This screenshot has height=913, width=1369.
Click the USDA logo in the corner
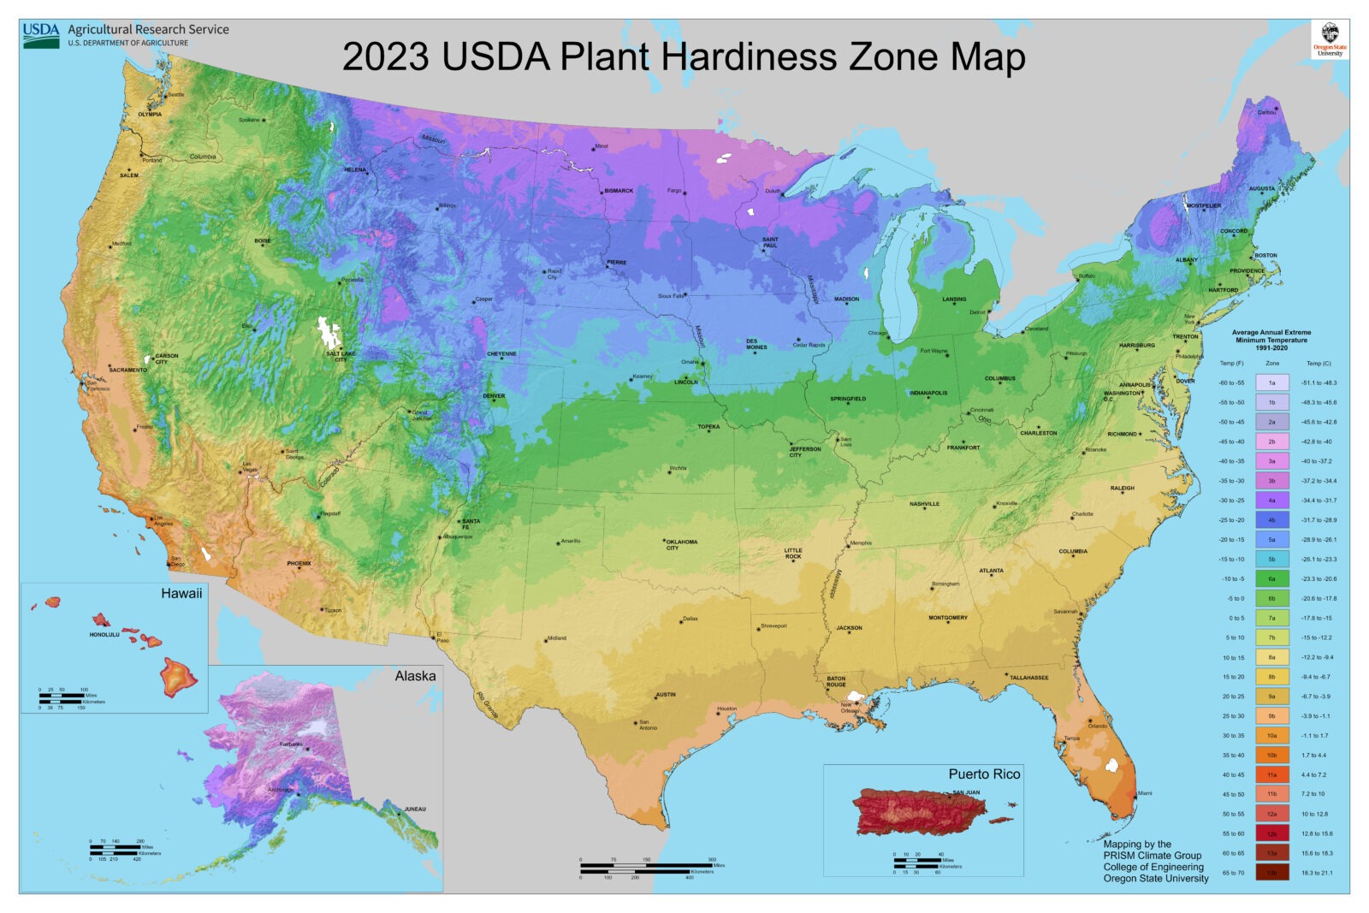coord(41,34)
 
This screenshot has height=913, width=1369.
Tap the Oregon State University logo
coord(1330,39)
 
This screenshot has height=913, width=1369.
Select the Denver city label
coord(494,396)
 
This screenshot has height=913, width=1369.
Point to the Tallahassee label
coord(1029,678)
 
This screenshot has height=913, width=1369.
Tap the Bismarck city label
coord(619,191)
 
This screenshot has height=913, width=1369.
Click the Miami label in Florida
coord(1144,793)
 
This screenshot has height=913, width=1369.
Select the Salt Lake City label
coord(340,356)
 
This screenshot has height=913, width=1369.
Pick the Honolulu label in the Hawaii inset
coord(104,635)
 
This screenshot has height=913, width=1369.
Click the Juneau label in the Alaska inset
coord(414,809)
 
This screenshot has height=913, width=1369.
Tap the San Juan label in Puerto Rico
coord(966,792)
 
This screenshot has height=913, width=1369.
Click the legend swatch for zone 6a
coord(1271,578)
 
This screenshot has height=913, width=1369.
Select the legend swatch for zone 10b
coord(1271,755)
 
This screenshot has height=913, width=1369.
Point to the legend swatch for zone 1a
coord(1271,382)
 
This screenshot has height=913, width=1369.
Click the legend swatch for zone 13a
coord(1271,853)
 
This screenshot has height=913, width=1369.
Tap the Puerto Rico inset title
coord(984,774)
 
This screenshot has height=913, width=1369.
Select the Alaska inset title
coord(415,676)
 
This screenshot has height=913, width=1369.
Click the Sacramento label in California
coord(128,371)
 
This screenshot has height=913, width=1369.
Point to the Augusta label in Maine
coord(1261,188)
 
